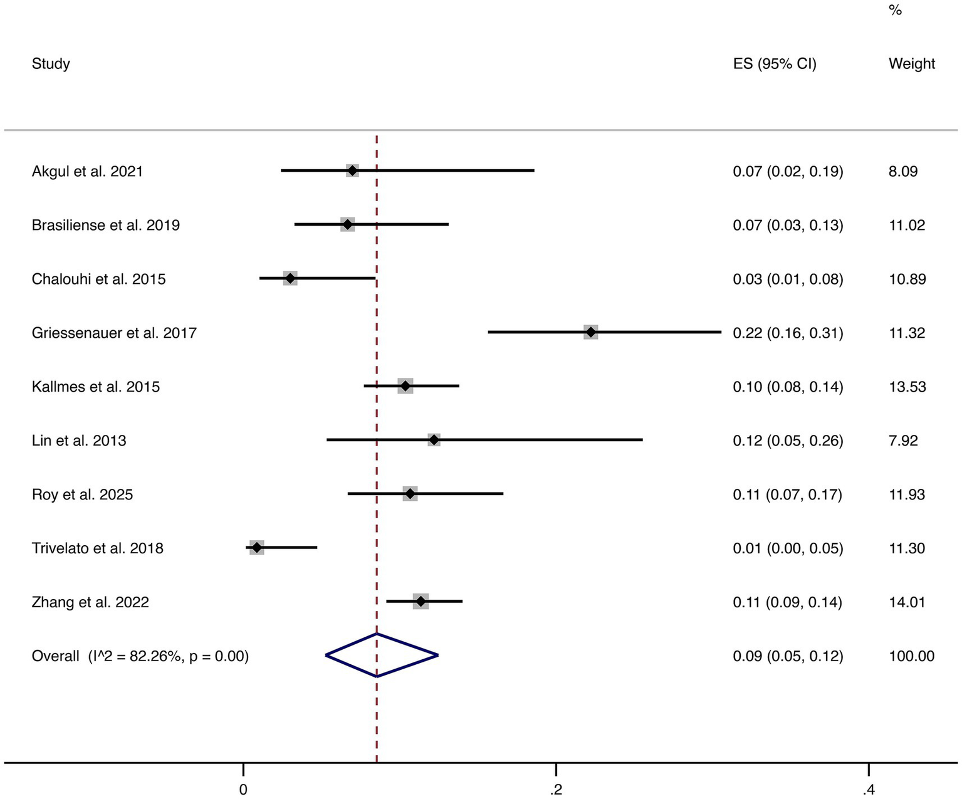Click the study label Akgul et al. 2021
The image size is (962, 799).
click(x=87, y=171)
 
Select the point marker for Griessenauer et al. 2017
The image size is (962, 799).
click(x=590, y=332)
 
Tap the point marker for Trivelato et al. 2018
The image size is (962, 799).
click(x=256, y=548)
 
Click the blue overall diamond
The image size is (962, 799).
click(x=381, y=655)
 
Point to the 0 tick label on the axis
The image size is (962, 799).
click(x=243, y=790)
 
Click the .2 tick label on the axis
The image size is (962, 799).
click(x=555, y=790)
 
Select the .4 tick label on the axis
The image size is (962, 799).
click(x=868, y=790)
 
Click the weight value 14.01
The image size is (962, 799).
click(x=907, y=602)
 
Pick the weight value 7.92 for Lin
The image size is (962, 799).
click(x=903, y=441)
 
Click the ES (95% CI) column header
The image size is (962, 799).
click(x=775, y=63)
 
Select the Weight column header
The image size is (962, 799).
click(x=912, y=63)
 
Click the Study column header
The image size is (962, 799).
click(x=51, y=63)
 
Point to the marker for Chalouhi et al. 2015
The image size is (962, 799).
click(x=290, y=278)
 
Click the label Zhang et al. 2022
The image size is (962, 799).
click(x=90, y=602)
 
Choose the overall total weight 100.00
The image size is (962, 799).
click(x=911, y=656)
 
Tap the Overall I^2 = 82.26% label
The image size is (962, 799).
click(x=140, y=656)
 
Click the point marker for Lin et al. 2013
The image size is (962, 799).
click(x=434, y=440)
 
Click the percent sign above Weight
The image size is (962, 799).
click(x=895, y=11)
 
